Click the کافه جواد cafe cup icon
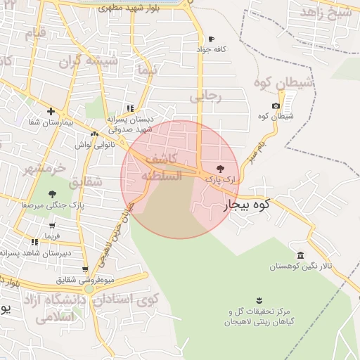(211, 39)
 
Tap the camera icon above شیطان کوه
(276, 105)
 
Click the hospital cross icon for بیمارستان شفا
(51, 111)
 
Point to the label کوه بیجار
(247, 206)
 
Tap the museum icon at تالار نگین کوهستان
(301, 255)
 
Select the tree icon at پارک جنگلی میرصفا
(51, 194)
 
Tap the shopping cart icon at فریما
(52, 226)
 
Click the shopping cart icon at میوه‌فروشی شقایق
(85, 269)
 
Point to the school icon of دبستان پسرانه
(129, 108)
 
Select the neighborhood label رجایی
(206, 96)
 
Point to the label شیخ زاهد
(326, 13)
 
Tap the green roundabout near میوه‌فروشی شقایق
(89, 288)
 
